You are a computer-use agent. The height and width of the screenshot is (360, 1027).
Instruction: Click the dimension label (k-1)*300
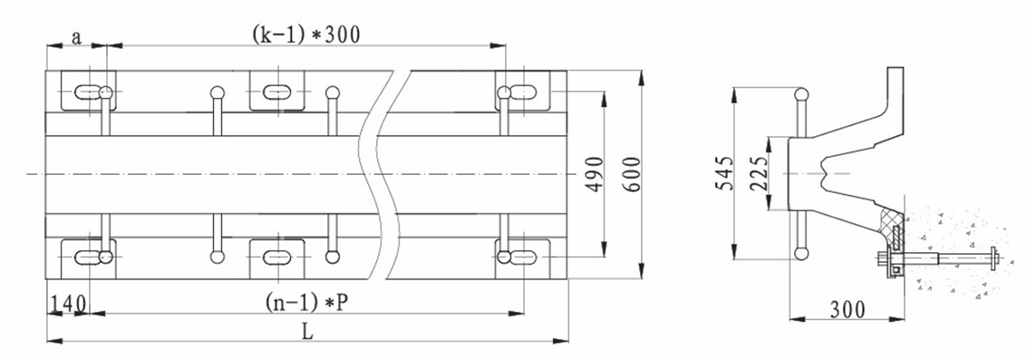coord(305,34)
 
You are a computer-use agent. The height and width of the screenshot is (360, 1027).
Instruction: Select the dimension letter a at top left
coord(76,38)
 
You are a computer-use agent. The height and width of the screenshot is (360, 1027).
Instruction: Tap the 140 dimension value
coord(68,304)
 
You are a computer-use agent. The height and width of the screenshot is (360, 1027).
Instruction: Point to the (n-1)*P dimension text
coord(306,302)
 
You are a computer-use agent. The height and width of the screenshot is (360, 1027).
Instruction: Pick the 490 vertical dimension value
coord(594,174)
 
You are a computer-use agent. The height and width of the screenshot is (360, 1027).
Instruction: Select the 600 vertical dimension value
coord(631,174)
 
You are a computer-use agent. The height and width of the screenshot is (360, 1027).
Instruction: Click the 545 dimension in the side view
coord(723,173)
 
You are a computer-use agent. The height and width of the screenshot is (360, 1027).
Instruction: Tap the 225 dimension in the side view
coord(759,173)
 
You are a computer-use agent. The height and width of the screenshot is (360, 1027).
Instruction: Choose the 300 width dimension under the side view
coord(848,308)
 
